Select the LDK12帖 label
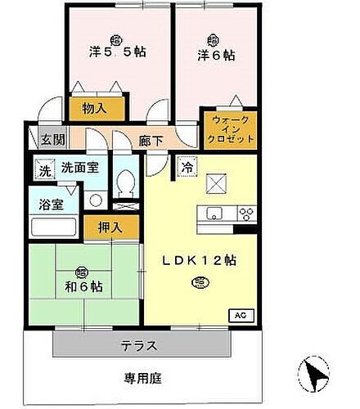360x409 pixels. pos(200,263)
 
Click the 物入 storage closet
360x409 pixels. pos(97,107)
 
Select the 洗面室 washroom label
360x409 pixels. pos(79,168)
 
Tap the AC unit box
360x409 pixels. pos(241,314)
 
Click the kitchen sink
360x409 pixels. pos(215,214)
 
